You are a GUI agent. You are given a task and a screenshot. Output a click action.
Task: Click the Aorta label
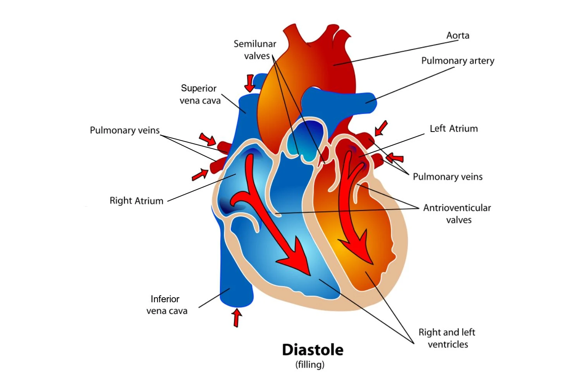click(x=457, y=36)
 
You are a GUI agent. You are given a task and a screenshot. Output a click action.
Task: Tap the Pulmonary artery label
click(x=457, y=61)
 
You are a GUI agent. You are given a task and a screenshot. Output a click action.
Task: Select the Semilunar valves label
click(x=255, y=50)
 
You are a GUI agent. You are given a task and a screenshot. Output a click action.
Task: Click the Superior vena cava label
click(x=199, y=94)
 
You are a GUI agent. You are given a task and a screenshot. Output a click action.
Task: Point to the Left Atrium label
click(x=454, y=128)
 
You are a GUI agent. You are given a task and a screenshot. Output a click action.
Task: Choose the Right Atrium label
click(x=136, y=200)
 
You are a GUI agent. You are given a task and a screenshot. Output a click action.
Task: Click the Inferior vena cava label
click(x=167, y=305)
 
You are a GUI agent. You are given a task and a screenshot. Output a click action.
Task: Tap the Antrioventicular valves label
click(x=457, y=214)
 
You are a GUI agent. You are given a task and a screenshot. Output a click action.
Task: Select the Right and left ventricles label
click(x=447, y=338)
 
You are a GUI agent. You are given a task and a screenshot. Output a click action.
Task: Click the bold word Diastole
click(x=313, y=350)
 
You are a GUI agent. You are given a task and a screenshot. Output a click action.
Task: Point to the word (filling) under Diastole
click(x=310, y=365)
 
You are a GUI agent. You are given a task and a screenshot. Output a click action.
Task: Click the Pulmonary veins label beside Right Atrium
click(x=124, y=130)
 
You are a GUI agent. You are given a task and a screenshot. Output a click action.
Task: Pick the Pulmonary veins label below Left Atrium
click(x=447, y=177)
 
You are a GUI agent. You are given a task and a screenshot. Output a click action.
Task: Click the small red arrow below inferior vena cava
click(x=236, y=317)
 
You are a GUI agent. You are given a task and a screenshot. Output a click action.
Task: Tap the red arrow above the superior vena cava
click(x=250, y=82)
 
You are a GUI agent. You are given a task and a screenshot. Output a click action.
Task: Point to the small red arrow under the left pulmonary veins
click(x=200, y=175)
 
